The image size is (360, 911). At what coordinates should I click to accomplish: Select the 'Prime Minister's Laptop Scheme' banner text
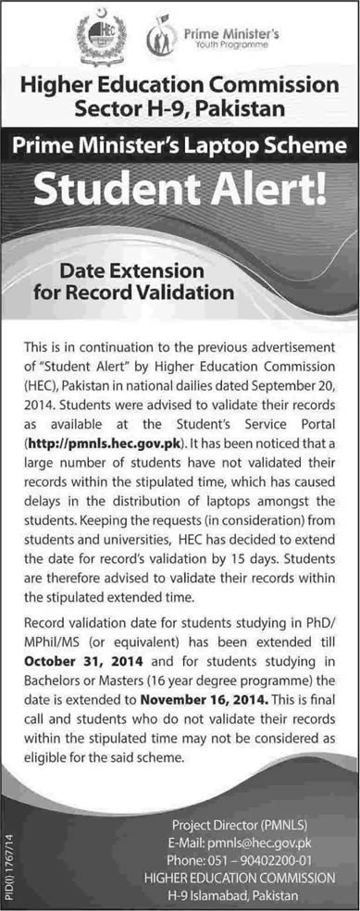click(x=180, y=145)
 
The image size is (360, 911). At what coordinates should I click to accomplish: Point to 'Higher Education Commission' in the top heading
click(x=180, y=86)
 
